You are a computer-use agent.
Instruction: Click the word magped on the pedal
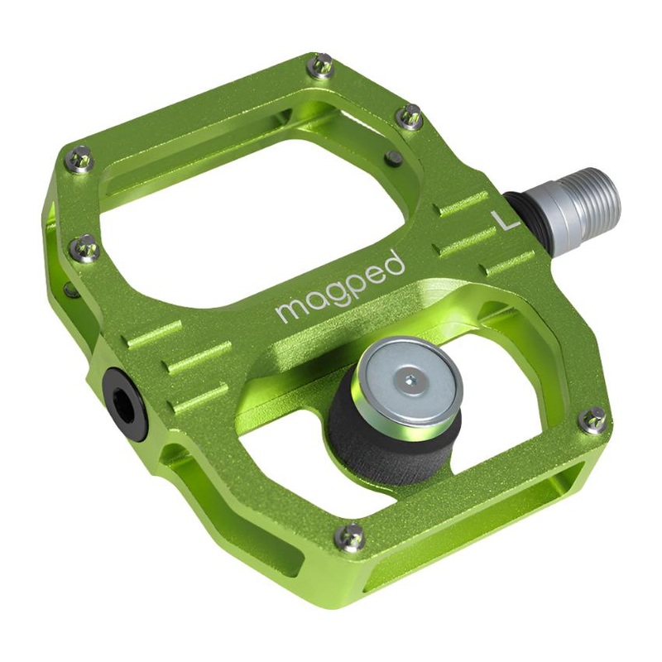[x=340, y=287]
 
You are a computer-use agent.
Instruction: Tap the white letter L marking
[x=504, y=220]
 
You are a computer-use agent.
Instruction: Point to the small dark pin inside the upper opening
[x=395, y=157]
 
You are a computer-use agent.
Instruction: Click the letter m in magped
[x=287, y=311]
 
